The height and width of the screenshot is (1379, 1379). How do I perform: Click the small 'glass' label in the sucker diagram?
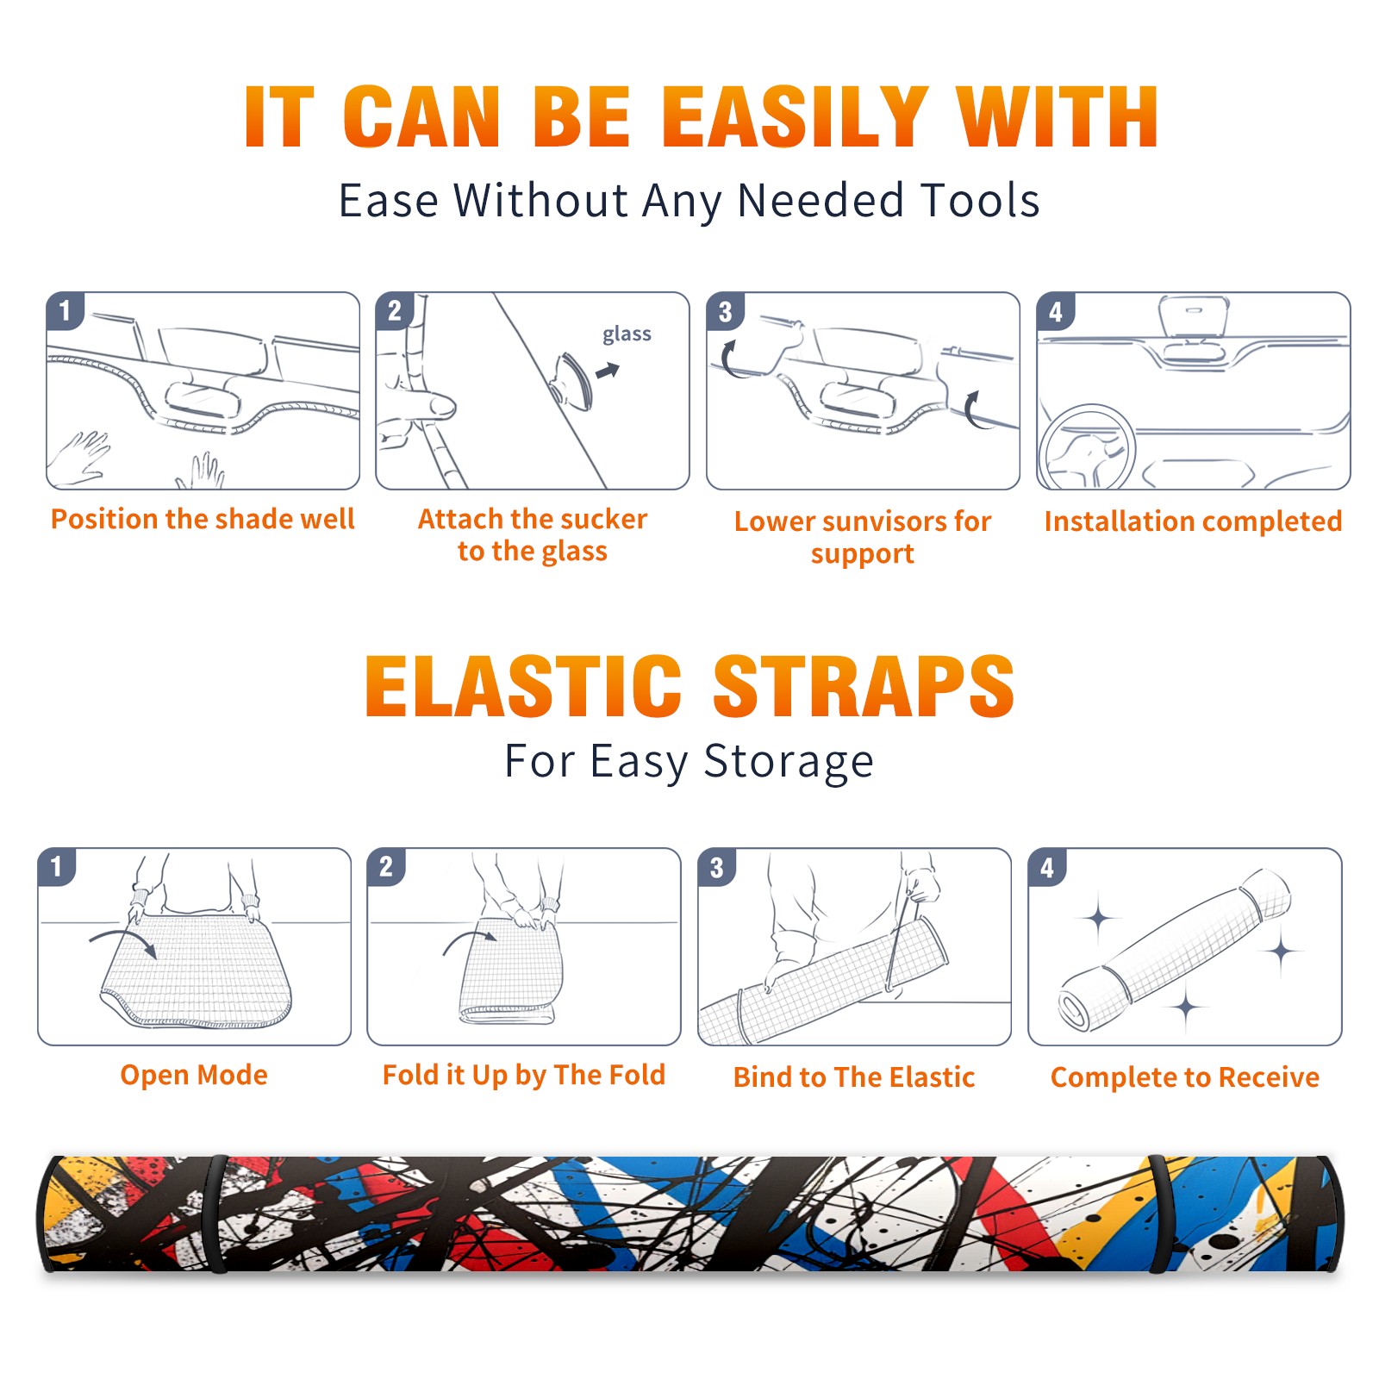[627, 334]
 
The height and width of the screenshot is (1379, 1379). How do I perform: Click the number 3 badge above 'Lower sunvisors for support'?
[726, 311]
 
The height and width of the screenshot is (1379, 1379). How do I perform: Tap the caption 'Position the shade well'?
[203, 519]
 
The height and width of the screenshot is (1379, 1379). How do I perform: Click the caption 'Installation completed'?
[1193, 521]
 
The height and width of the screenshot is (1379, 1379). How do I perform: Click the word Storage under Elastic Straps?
[789, 762]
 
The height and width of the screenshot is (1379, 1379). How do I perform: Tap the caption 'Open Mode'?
[194, 1075]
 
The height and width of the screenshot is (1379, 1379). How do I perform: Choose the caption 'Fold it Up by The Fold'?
[524, 1075]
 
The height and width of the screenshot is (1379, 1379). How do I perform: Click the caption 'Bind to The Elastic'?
[854, 1077]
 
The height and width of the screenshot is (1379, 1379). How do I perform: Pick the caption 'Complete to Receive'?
[1185, 1077]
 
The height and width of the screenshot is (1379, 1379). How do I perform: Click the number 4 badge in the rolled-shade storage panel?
[1047, 867]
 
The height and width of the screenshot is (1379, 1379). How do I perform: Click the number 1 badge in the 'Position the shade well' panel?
[65, 310]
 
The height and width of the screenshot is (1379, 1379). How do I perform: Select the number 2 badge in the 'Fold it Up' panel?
[386, 867]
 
